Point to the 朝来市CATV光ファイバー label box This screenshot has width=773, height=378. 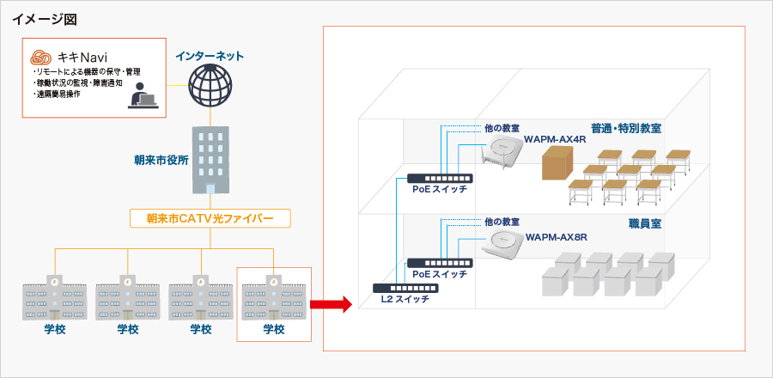point(210,218)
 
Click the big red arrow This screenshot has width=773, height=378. point(331,303)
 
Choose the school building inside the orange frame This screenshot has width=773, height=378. point(274,296)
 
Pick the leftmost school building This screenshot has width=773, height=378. point(55,296)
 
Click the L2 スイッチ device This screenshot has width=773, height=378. point(399,288)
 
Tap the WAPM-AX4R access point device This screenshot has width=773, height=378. point(502,155)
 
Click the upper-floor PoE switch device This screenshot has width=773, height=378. point(435,178)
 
